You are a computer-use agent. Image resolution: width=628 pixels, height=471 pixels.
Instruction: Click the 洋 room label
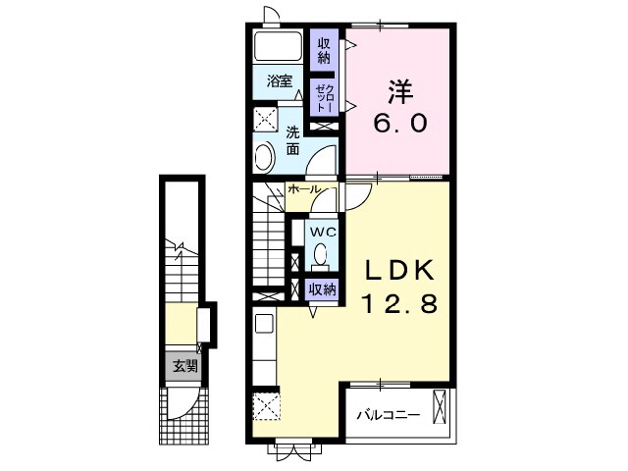[x=399, y=91]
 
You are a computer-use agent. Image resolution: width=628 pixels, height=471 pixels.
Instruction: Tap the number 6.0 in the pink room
[x=398, y=125]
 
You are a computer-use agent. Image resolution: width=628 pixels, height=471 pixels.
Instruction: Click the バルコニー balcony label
[x=388, y=415]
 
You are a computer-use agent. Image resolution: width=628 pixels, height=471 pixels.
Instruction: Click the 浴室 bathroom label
[x=281, y=80]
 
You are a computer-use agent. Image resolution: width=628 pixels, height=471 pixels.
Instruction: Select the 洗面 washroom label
[x=294, y=141]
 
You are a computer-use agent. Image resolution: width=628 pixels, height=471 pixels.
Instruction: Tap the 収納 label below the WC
[x=323, y=289]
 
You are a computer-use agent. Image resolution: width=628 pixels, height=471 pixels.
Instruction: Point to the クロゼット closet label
[x=323, y=97]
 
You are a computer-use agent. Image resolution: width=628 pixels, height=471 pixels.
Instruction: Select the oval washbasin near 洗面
[x=264, y=156]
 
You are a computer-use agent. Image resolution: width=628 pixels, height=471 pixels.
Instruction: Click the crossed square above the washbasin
[x=266, y=120]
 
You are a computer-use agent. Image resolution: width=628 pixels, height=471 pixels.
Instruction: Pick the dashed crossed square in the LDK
[x=265, y=405]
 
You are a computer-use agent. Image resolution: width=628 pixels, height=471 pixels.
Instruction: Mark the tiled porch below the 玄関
[x=183, y=413]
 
